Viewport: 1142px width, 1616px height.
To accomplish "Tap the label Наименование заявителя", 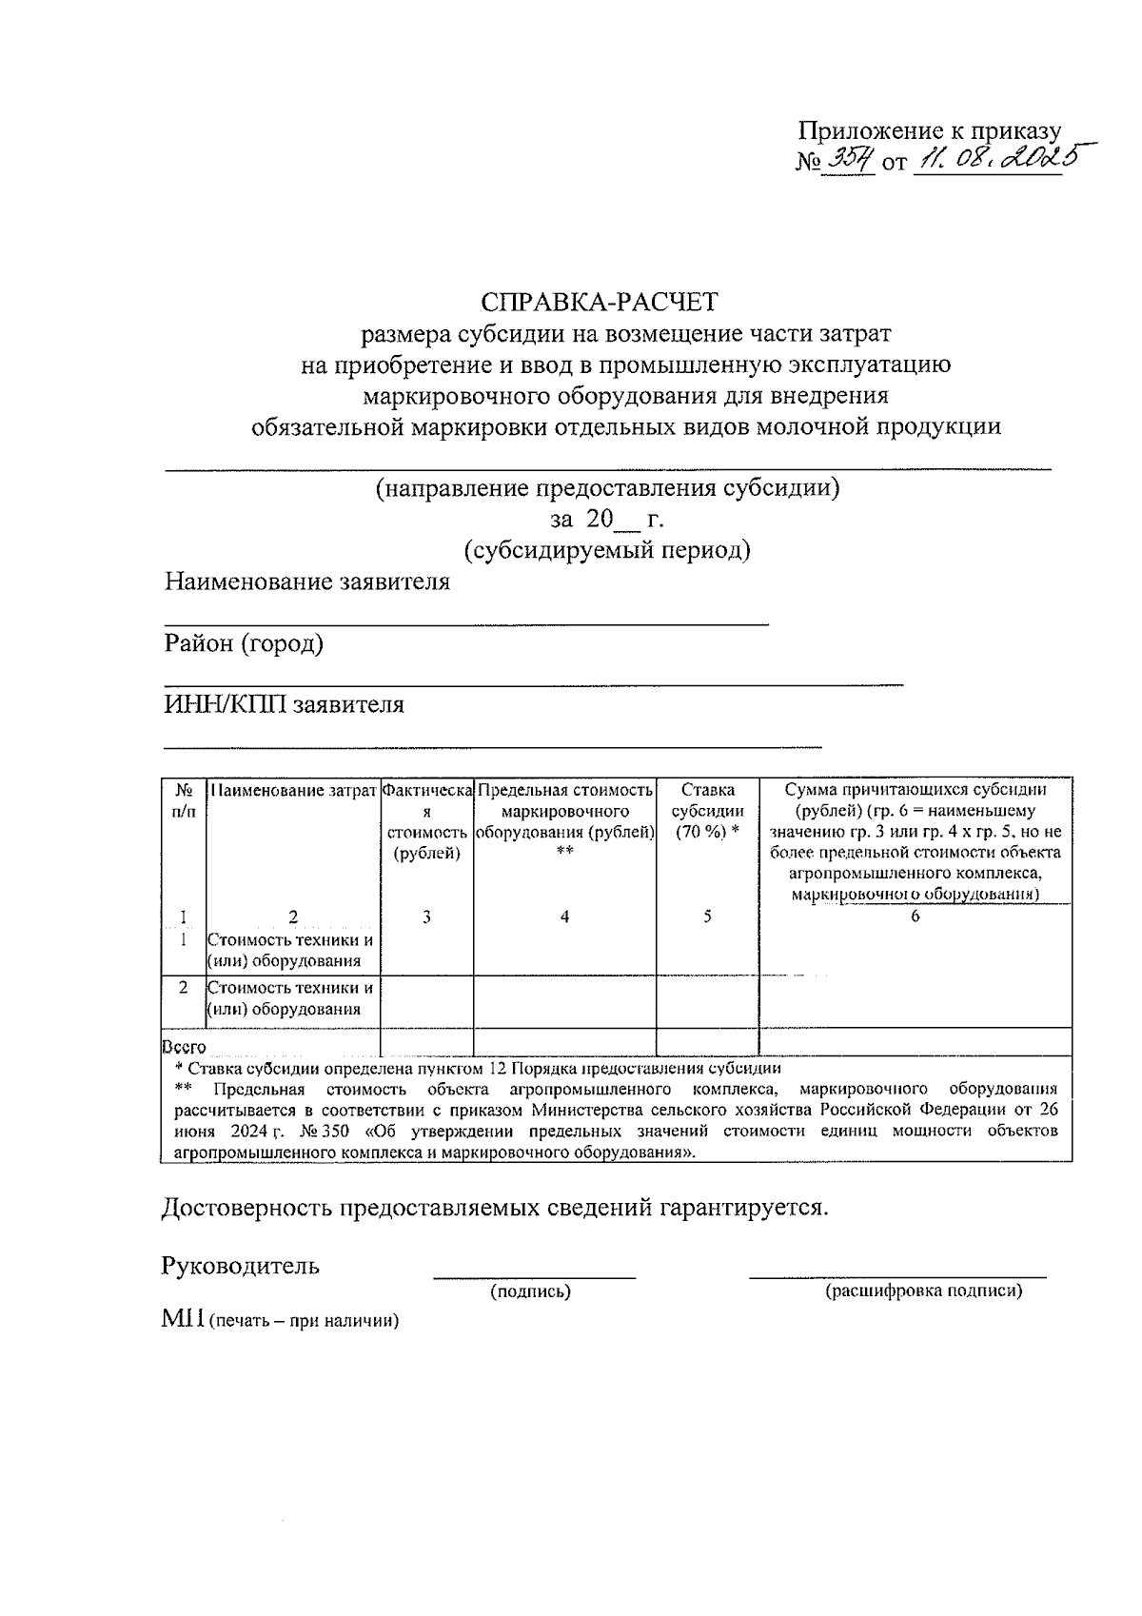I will pos(306,581).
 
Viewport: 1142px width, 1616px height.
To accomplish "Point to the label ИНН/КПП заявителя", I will pos(284,704).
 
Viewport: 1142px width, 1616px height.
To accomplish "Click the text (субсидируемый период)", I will pos(607,550).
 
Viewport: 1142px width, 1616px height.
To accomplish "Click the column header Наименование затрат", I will pos(292,790).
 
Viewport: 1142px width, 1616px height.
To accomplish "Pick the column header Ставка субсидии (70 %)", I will pos(707,811).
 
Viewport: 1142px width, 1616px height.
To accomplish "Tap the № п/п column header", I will pos(185,800).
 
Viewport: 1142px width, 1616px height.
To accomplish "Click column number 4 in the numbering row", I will pos(564,916).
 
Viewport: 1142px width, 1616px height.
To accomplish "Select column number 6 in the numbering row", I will pos(915,916).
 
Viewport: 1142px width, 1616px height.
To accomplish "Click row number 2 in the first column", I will pos(183,988).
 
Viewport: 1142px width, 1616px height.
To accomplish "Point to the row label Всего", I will pos(185,1047).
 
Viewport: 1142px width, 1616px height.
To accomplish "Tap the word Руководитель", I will pos(241,1266).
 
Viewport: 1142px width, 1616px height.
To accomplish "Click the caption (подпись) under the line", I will pos(530,1291).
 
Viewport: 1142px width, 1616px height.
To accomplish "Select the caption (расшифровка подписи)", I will pos(923,1291).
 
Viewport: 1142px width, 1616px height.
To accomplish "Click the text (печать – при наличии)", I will pos(304,1321).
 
